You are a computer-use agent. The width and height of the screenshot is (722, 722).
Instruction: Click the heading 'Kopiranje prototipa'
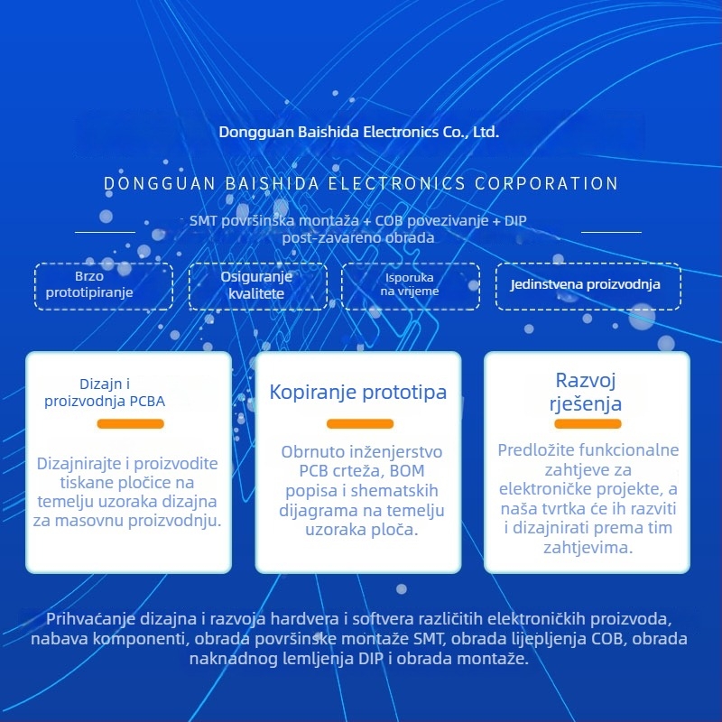coord(357,393)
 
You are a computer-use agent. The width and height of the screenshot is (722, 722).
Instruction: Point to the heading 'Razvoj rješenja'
coord(585,392)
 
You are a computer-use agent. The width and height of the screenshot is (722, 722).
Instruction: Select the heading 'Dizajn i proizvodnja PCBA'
coord(105,393)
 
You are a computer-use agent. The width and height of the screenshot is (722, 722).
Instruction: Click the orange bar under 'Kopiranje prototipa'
coord(360,423)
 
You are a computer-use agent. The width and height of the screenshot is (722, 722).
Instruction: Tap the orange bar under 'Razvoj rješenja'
coord(588,423)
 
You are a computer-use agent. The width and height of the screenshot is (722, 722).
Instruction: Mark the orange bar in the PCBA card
coord(130,423)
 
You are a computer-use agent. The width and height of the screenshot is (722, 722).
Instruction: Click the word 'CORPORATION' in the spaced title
coord(546,184)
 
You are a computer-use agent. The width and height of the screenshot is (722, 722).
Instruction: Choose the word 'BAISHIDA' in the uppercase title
coord(273,184)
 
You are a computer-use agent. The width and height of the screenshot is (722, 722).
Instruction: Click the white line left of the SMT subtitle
coord(105,232)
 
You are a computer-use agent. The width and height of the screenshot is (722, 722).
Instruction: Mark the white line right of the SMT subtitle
coord(611,232)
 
